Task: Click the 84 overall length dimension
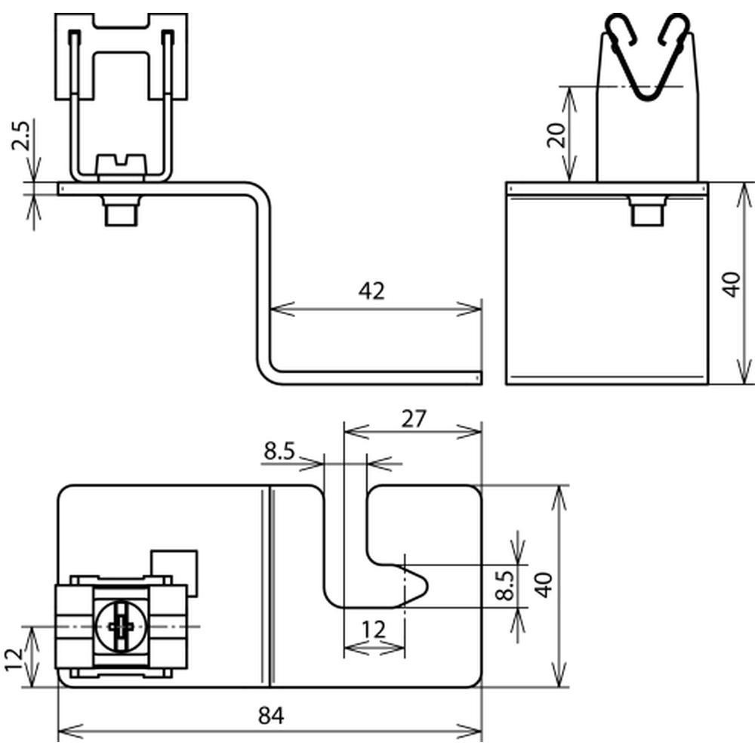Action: (271, 716)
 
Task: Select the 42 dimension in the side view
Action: (371, 291)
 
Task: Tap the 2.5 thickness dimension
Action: (21, 136)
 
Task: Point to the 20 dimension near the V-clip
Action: (556, 135)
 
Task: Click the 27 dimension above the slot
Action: (414, 419)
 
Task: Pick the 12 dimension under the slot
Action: (374, 630)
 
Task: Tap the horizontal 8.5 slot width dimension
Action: (279, 451)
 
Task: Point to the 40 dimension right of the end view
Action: (732, 284)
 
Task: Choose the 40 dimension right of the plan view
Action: (544, 585)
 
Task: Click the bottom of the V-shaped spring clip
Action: (648, 97)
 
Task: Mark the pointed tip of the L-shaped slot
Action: (427, 586)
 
